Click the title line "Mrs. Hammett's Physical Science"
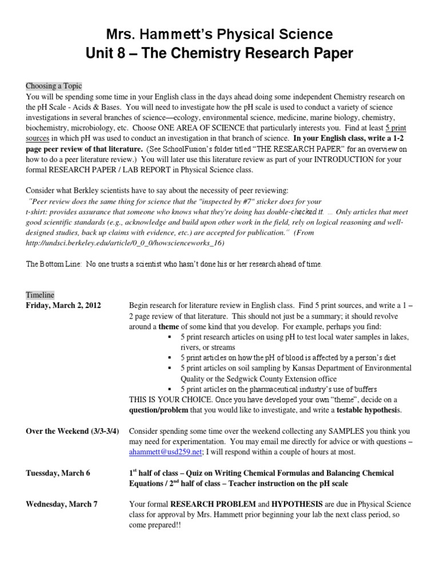[219, 34]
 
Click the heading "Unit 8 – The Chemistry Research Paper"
[219, 54]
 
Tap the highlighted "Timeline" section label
[40, 295]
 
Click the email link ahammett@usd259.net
[165, 452]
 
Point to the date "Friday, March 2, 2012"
[63, 306]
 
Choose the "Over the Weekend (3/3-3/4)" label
[72, 431]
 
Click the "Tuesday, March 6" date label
[58, 473]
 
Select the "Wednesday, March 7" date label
[62, 504]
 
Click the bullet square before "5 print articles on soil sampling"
[170, 368]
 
